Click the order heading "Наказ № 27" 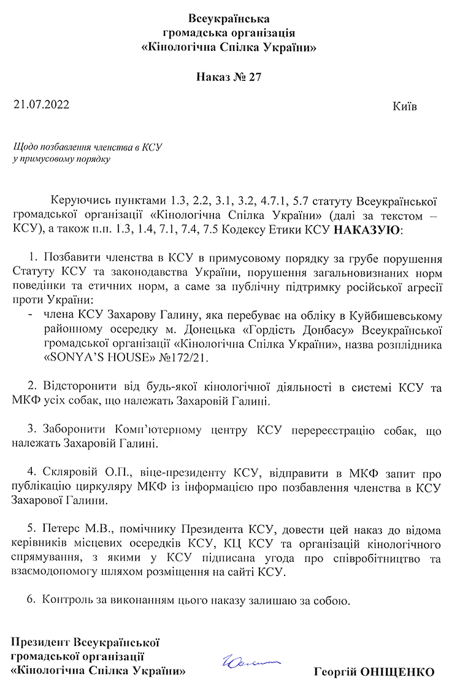[229, 77]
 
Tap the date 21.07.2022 [41, 105]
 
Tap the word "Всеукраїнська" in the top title [229, 18]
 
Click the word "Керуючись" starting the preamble [77, 202]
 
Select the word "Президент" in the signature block [40, 643]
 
